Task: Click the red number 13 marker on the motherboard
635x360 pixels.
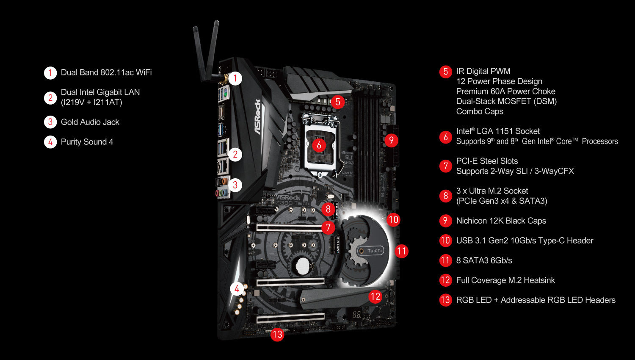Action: [x=277, y=334]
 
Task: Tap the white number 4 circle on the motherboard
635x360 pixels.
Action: [x=237, y=289]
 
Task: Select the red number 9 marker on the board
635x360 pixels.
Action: [x=391, y=140]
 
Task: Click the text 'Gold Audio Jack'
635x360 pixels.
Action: [x=90, y=122]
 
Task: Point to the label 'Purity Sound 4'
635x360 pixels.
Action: [x=87, y=142]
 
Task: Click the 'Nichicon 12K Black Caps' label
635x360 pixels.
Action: [x=501, y=221]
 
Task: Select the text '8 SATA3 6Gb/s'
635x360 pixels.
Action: [x=484, y=260]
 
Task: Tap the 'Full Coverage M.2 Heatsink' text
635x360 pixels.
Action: [x=505, y=280]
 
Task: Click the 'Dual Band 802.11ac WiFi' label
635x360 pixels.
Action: [x=106, y=72]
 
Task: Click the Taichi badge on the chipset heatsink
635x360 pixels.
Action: [x=371, y=250]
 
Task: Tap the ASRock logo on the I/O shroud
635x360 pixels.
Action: [x=258, y=117]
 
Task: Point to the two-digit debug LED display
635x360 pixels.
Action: [x=356, y=314]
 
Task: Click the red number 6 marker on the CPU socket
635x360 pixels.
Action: [x=319, y=145]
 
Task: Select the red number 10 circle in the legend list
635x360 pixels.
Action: [x=445, y=241]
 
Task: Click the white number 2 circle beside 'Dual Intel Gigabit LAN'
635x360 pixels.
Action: [x=50, y=98]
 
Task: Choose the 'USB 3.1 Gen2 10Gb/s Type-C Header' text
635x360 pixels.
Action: [x=525, y=241]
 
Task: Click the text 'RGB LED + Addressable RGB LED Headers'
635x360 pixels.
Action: [x=536, y=300]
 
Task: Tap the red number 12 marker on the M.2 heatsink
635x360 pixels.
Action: [x=375, y=296]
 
